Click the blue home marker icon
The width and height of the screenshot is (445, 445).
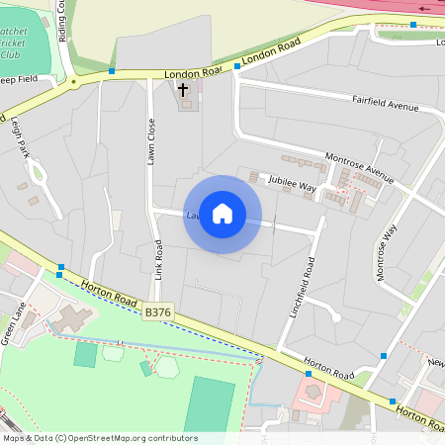click(x=222, y=214)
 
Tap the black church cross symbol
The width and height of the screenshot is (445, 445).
click(x=182, y=89)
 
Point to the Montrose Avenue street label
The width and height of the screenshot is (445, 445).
click(x=359, y=168)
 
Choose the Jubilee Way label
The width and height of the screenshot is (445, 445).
click(x=288, y=185)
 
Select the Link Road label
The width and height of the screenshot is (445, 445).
click(x=157, y=259)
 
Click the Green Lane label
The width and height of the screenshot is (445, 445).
click(x=16, y=325)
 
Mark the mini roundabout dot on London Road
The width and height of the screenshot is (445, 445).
click(x=72, y=83)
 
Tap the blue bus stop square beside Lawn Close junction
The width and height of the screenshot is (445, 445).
click(x=112, y=71)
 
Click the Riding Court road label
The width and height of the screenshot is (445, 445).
click(x=62, y=22)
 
